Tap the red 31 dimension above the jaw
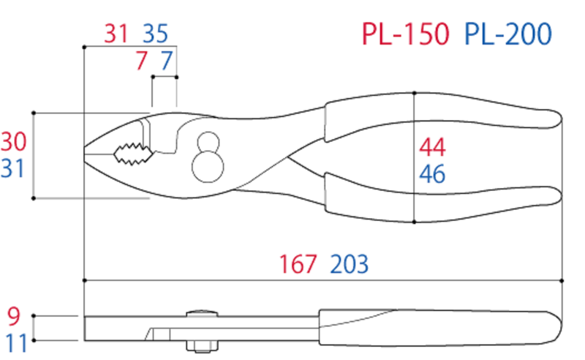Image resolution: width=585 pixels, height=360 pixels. (116, 34)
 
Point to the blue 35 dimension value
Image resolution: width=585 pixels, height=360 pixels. (155, 34)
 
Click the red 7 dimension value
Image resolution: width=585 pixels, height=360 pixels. (141, 61)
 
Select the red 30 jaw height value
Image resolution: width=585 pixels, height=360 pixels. (13, 141)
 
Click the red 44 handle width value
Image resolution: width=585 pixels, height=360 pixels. (432, 148)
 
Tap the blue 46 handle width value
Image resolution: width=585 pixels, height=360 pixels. (432, 175)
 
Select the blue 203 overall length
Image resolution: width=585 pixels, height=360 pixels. (349, 263)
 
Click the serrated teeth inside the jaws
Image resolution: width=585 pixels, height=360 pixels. (132, 151)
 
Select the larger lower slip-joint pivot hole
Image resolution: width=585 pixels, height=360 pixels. (207, 166)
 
